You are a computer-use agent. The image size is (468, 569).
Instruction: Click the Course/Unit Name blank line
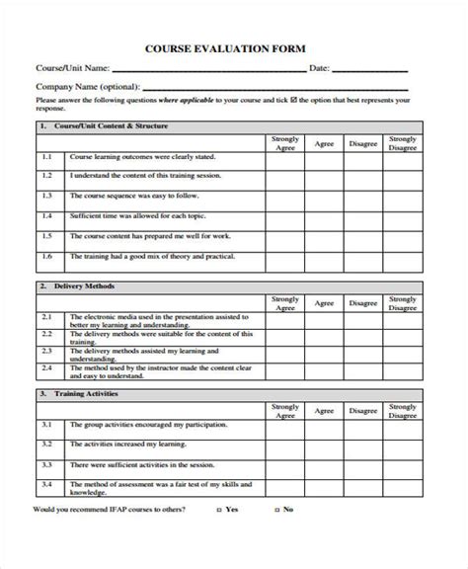pos(209,70)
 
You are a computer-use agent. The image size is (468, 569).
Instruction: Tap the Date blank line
pos(369,70)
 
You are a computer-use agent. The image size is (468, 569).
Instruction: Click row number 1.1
pos(46,158)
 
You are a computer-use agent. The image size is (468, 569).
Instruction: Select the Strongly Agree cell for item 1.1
pos(284,158)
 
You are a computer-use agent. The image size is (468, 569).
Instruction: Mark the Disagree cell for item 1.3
pos(362,196)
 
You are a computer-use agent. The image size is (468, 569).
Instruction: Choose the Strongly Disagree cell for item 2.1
pos(402,319)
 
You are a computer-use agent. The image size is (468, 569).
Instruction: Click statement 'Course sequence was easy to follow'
pos(128,196)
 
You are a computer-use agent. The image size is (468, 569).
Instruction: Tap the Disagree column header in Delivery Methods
pos(362,302)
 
